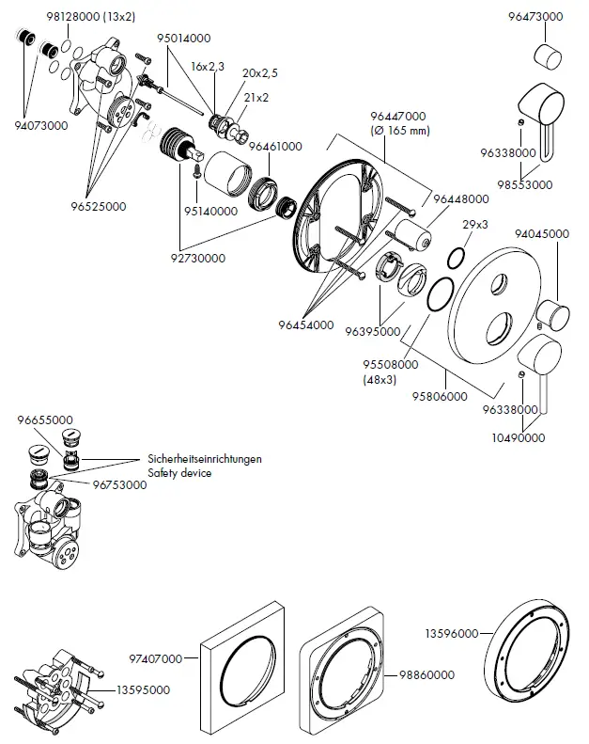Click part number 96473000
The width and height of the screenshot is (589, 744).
click(535, 17)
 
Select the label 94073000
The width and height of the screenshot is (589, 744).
click(41, 126)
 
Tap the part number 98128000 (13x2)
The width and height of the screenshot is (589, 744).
click(90, 17)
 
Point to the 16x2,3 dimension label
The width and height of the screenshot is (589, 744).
click(208, 67)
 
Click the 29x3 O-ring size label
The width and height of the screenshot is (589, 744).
click(475, 225)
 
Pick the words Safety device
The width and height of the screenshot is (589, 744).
click(179, 473)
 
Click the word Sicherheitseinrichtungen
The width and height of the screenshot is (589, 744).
click(205, 459)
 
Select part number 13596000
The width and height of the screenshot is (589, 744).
click(452, 633)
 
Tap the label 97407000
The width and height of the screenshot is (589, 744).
click(156, 658)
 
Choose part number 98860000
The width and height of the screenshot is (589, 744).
click(426, 674)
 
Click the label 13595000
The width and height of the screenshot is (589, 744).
click(143, 689)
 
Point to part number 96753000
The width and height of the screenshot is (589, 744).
click(120, 485)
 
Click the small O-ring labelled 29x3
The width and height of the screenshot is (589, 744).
click(457, 258)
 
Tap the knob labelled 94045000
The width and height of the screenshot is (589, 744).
click(552, 314)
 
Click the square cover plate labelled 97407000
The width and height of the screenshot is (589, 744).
click(242, 669)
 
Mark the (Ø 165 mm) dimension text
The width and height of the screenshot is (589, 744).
click(400, 131)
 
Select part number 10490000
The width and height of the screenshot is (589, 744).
click(519, 437)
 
